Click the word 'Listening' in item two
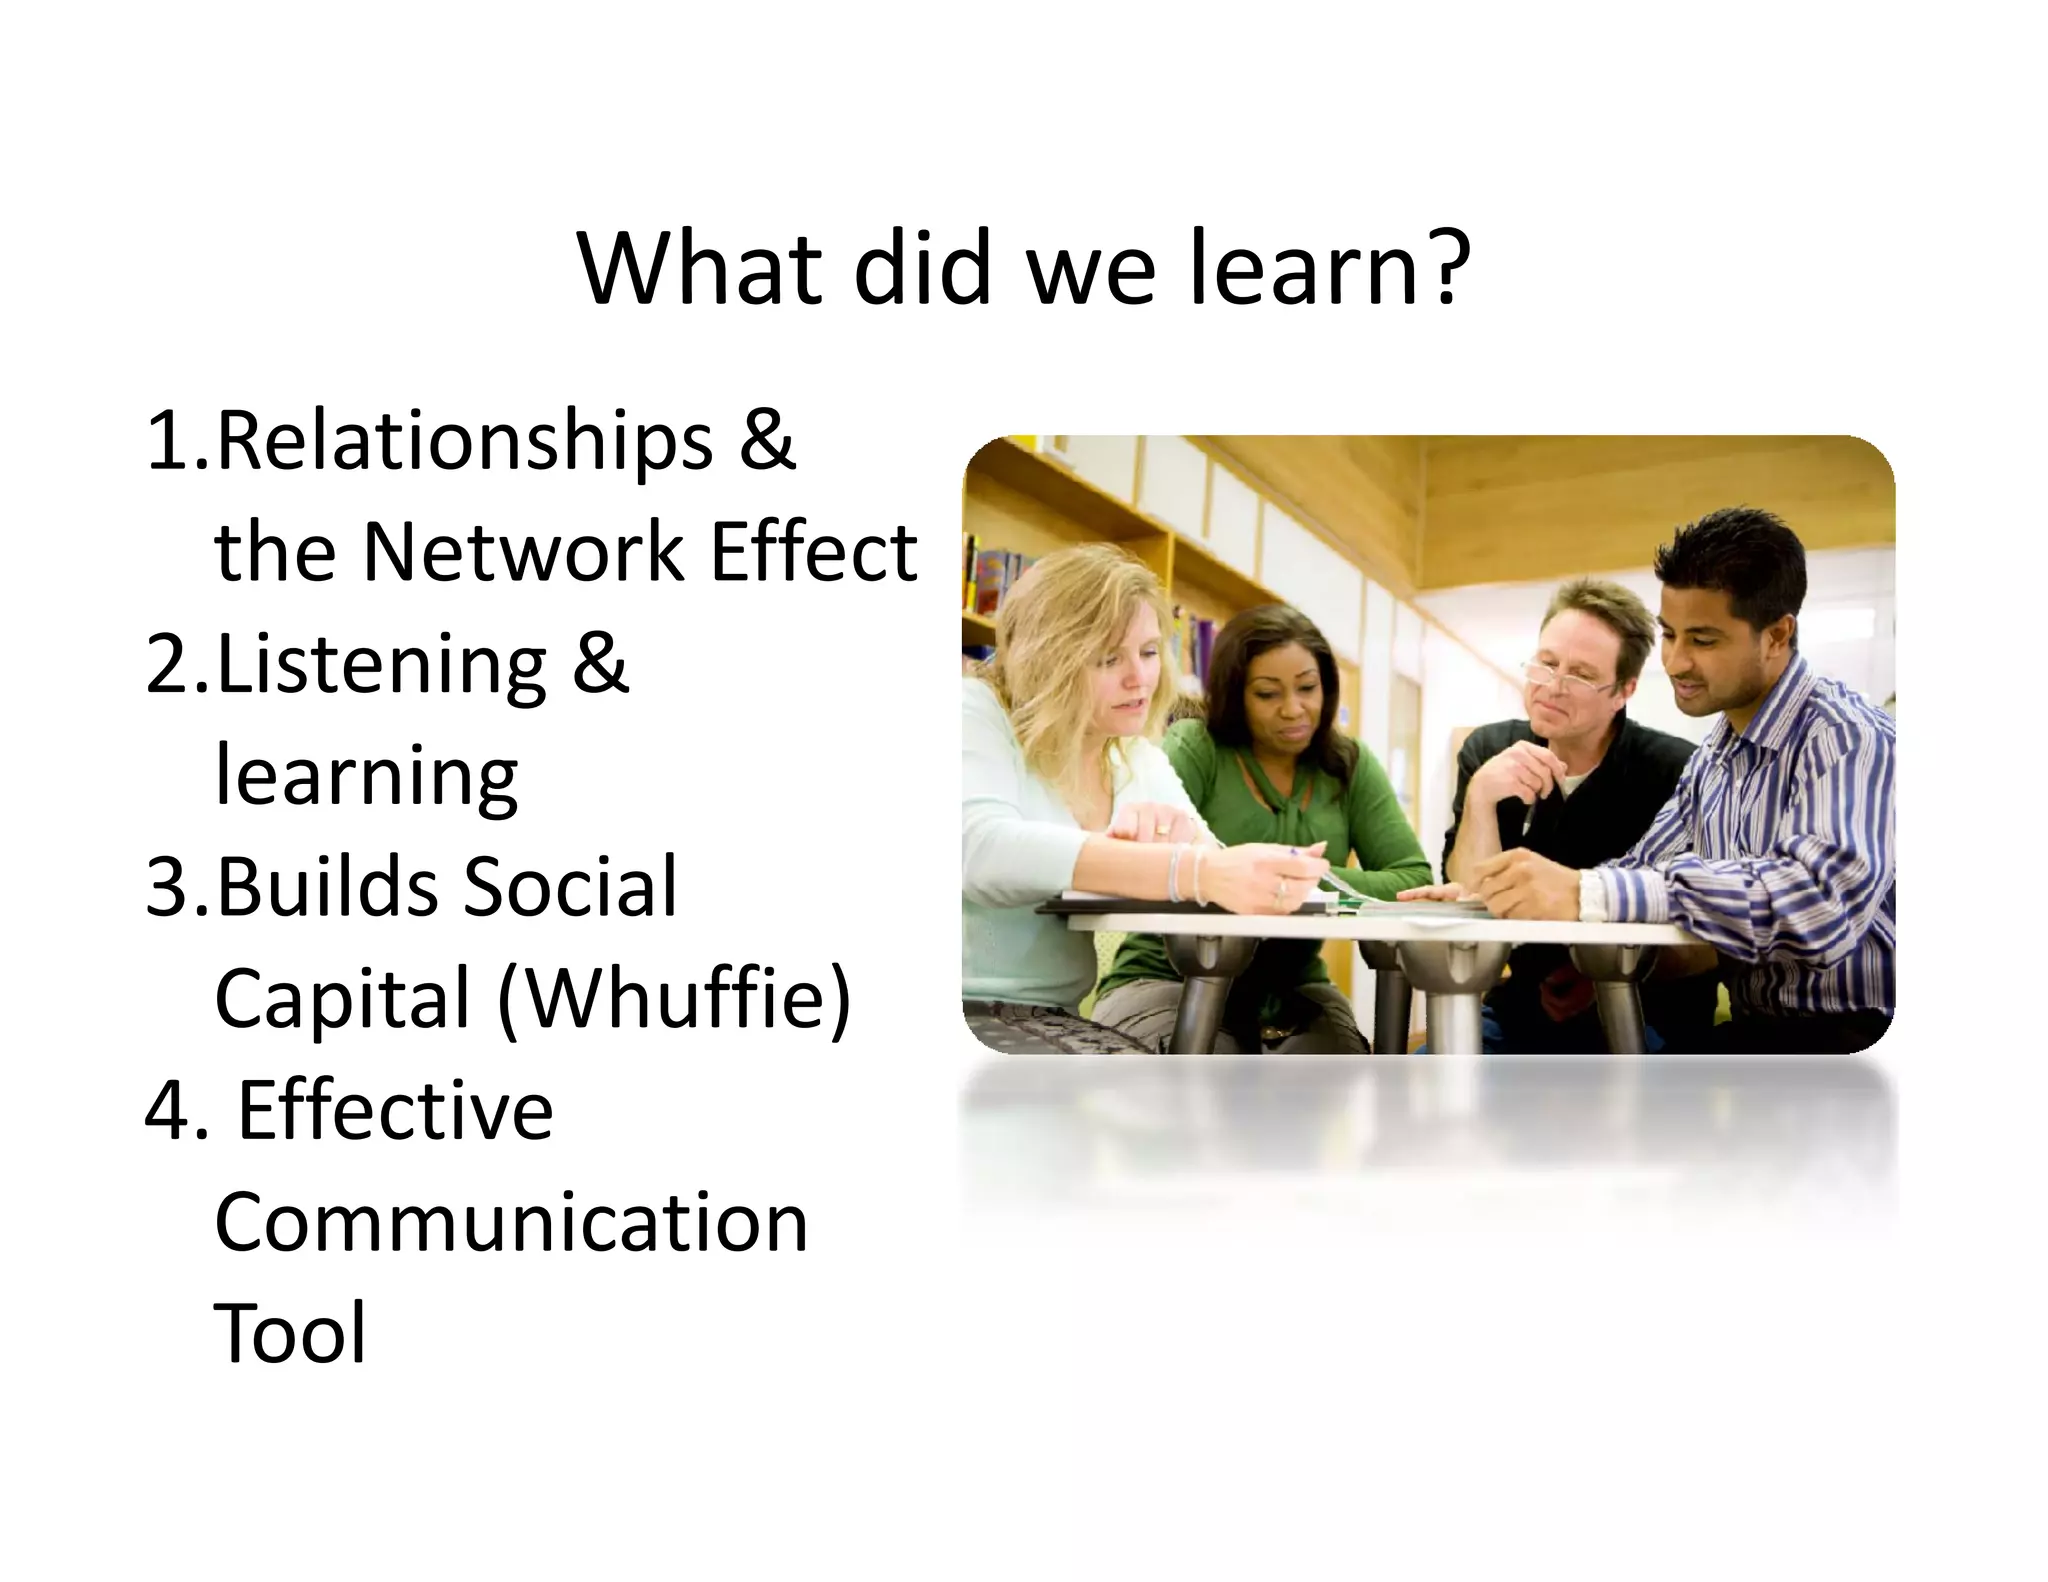pos(381,665)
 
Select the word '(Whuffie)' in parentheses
pos(674,998)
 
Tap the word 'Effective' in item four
pos(395,1110)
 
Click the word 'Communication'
pos(511,1222)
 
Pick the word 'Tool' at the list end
pos(290,1333)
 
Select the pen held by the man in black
pos(1528,820)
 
